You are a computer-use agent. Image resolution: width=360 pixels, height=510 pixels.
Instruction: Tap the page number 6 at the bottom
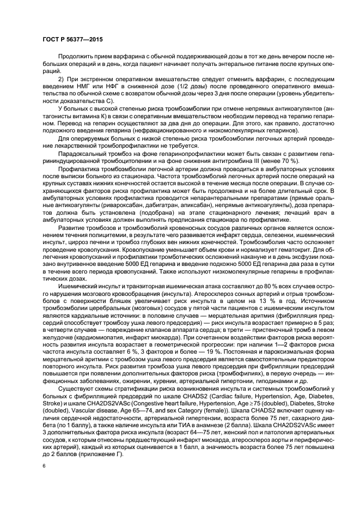coord(43,467)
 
